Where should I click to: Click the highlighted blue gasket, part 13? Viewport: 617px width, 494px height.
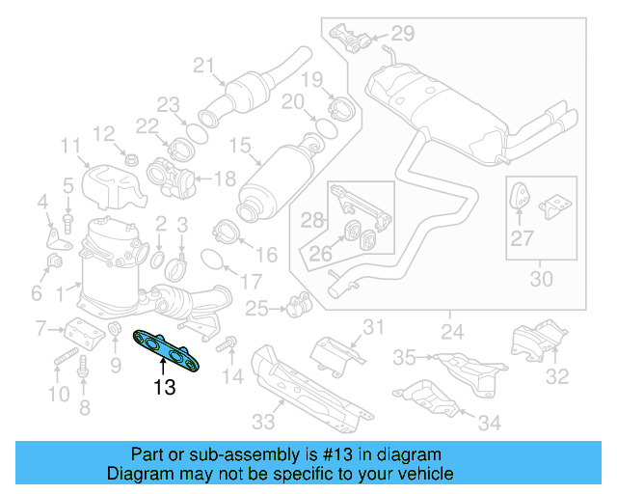click(174, 348)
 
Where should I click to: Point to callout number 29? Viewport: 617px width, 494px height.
click(401, 34)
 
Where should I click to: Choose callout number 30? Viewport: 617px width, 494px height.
click(542, 280)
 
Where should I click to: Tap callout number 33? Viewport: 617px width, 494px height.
click(263, 421)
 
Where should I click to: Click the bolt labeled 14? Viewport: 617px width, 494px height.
click(229, 343)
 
